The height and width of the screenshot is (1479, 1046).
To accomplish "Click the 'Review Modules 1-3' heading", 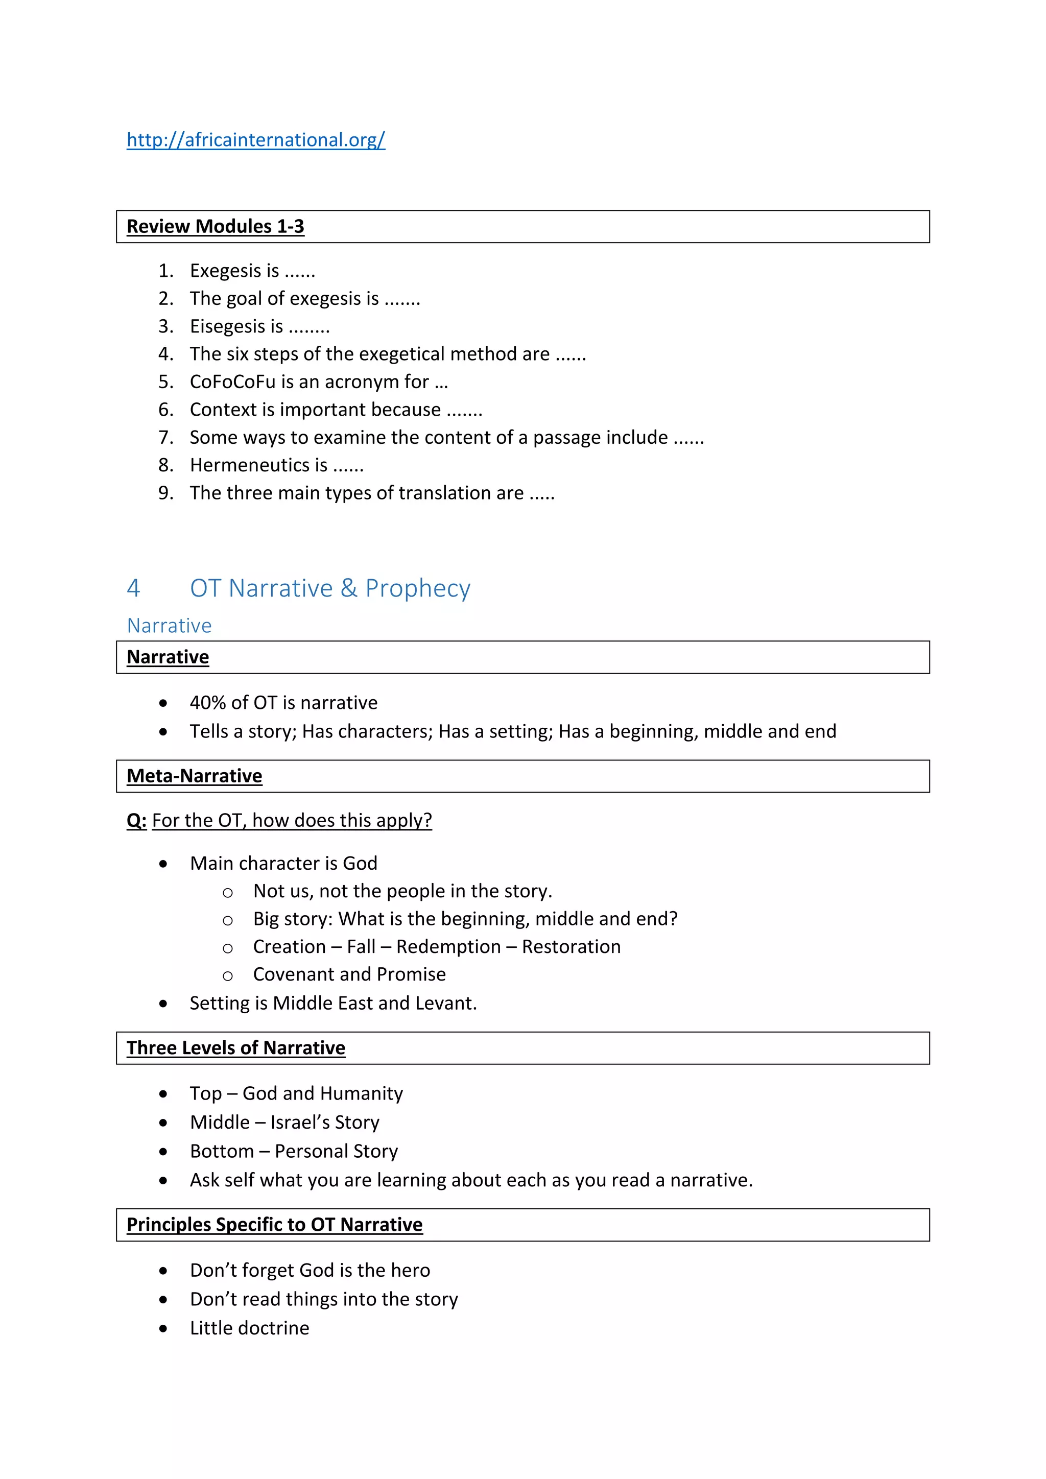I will click(x=215, y=226).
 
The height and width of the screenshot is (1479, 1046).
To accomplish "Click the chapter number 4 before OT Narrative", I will click(x=133, y=588).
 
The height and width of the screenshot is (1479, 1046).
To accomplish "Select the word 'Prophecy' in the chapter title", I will click(x=417, y=588).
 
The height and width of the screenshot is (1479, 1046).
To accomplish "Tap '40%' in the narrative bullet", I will click(x=207, y=702).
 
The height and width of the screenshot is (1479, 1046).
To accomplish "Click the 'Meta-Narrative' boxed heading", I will click(x=194, y=776).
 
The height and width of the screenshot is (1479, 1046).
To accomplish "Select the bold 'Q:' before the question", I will click(x=136, y=820).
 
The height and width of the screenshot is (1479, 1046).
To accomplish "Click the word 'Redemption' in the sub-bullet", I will click(x=448, y=946).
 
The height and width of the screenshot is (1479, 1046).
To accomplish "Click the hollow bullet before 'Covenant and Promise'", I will click(x=227, y=976).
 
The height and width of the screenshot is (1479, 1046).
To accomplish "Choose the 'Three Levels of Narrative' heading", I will click(x=236, y=1047).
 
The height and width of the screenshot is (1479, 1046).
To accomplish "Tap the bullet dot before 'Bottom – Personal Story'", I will click(x=163, y=1151).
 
